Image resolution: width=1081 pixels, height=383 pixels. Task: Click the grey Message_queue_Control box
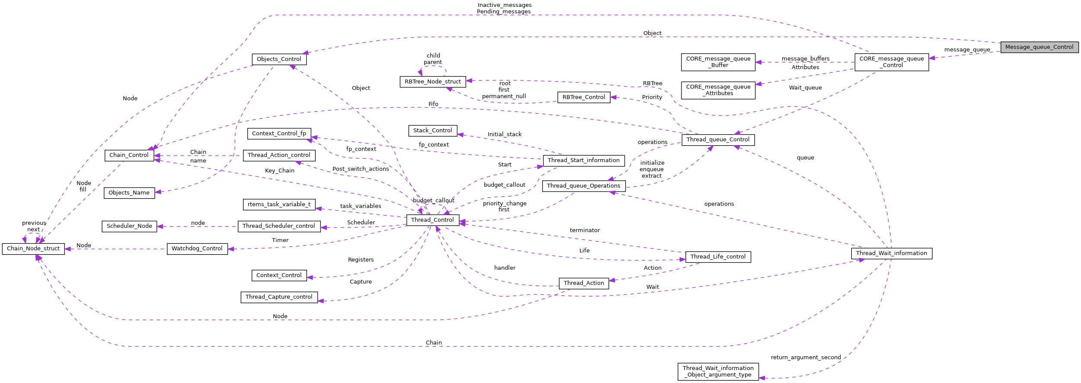[1039, 47]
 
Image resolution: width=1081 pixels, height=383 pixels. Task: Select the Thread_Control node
[432, 220]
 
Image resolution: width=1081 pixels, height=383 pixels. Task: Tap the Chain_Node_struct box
[33, 249]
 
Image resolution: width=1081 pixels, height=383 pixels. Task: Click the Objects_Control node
[279, 59]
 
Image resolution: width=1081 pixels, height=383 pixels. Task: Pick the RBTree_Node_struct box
[432, 82]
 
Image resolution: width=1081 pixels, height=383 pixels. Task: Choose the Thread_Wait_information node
[891, 253]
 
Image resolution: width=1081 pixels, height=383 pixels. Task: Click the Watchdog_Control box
[197, 249]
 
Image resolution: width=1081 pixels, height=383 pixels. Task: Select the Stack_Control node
[432, 131]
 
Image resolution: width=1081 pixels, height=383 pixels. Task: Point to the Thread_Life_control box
[718, 257]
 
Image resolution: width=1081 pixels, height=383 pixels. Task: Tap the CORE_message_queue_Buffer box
[718, 62]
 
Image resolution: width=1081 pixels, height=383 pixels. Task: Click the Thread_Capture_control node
[279, 297]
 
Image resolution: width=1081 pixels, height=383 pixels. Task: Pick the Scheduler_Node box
[129, 226]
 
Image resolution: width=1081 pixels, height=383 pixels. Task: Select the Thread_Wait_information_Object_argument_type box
[718, 371]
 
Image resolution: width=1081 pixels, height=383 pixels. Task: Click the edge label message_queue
[967, 50]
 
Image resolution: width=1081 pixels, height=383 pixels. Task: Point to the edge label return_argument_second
[806, 357]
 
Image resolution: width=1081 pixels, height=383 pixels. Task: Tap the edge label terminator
[585, 230]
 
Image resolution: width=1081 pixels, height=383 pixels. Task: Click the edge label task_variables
[361, 206]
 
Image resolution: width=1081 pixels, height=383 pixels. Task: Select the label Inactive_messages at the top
[504, 5]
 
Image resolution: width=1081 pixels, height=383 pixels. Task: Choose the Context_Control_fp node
[279, 134]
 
